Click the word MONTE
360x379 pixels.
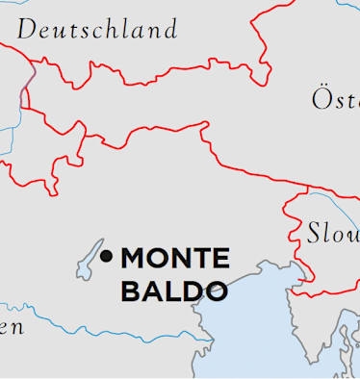[175, 259]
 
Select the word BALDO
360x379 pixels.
[173, 291]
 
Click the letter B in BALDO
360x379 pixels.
[129, 291]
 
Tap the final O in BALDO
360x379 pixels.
[217, 291]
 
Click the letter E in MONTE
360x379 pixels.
[221, 259]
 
